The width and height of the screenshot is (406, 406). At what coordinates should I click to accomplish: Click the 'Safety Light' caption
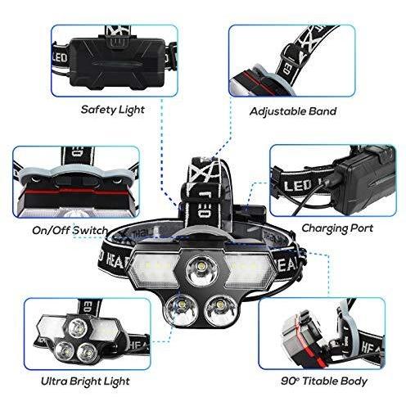click(x=113, y=110)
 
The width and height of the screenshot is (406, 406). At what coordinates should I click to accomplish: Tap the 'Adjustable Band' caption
click(x=293, y=111)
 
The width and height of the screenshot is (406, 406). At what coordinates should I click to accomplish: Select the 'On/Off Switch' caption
click(x=70, y=231)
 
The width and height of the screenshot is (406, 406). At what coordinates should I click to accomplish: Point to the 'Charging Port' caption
click(x=337, y=228)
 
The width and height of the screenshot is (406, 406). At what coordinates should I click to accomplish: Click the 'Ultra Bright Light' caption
click(x=85, y=381)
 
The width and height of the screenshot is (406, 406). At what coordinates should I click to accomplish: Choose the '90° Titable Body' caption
click(x=324, y=381)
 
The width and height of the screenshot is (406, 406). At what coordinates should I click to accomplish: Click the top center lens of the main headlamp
click(x=202, y=271)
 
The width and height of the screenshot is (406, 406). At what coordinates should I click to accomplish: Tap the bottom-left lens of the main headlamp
click(x=181, y=310)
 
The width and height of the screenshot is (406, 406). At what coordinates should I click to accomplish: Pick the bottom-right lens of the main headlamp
click(x=220, y=310)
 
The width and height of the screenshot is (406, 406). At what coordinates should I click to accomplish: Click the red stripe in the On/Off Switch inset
click(x=76, y=192)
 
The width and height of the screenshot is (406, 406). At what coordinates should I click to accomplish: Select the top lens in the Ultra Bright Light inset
click(x=77, y=329)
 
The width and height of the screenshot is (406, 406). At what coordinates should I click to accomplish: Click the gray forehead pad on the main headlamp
click(x=203, y=234)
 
